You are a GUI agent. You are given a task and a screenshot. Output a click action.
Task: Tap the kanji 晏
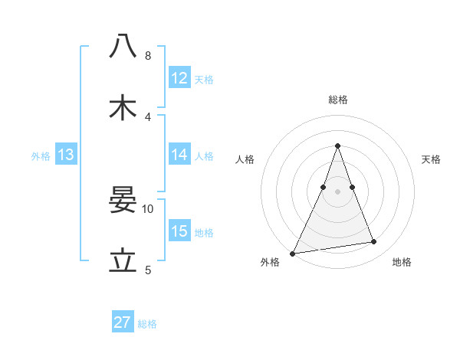tap(123, 201)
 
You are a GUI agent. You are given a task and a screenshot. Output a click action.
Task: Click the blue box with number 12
tap(179, 78)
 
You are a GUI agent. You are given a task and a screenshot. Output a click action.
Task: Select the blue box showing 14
tap(179, 155)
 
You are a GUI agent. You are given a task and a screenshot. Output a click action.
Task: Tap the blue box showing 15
tap(179, 231)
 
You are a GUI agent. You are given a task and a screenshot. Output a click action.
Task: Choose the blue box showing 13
tap(66, 155)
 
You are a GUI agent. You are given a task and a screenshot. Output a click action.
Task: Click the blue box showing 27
tap(123, 322)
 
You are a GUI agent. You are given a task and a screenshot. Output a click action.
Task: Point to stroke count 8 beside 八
tap(147, 56)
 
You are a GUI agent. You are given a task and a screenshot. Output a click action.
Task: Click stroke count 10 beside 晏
tap(148, 208)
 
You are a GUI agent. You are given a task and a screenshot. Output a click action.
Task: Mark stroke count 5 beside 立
tap(147, 270)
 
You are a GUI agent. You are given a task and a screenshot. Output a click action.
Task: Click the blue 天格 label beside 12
tap(204, 80)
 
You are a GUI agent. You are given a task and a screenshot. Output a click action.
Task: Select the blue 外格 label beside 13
tap(41, 156)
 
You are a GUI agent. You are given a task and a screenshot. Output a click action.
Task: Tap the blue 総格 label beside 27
tap(147, 324)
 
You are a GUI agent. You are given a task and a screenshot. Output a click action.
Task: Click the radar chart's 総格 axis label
tap(337, 100)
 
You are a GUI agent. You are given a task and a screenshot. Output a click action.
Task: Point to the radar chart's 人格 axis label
tap(245, 159)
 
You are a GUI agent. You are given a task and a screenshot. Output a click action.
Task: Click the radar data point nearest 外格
tap(293, 253)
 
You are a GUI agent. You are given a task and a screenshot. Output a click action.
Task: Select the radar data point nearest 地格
tap(374, 242)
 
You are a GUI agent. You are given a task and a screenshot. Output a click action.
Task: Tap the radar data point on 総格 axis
tap(337, 146)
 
